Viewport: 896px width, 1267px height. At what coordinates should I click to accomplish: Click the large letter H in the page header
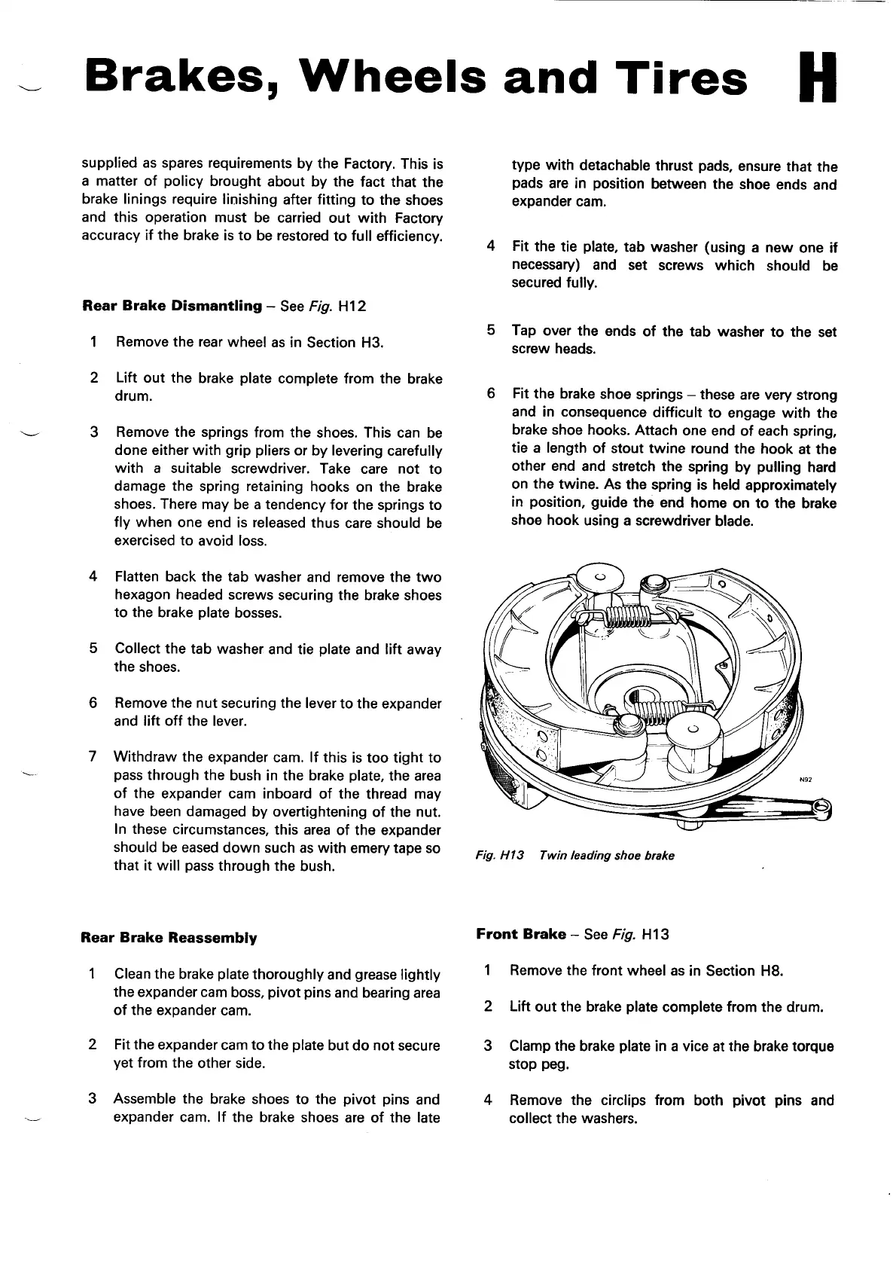click(817, 78)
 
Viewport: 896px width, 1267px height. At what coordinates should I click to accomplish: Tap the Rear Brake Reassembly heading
click(169, 939)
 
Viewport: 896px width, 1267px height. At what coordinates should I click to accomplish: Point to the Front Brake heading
click(520, 935)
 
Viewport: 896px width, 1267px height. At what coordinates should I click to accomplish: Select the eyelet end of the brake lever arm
click(822, 808)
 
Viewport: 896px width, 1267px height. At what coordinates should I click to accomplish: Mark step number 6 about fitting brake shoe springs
click(491, 395)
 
